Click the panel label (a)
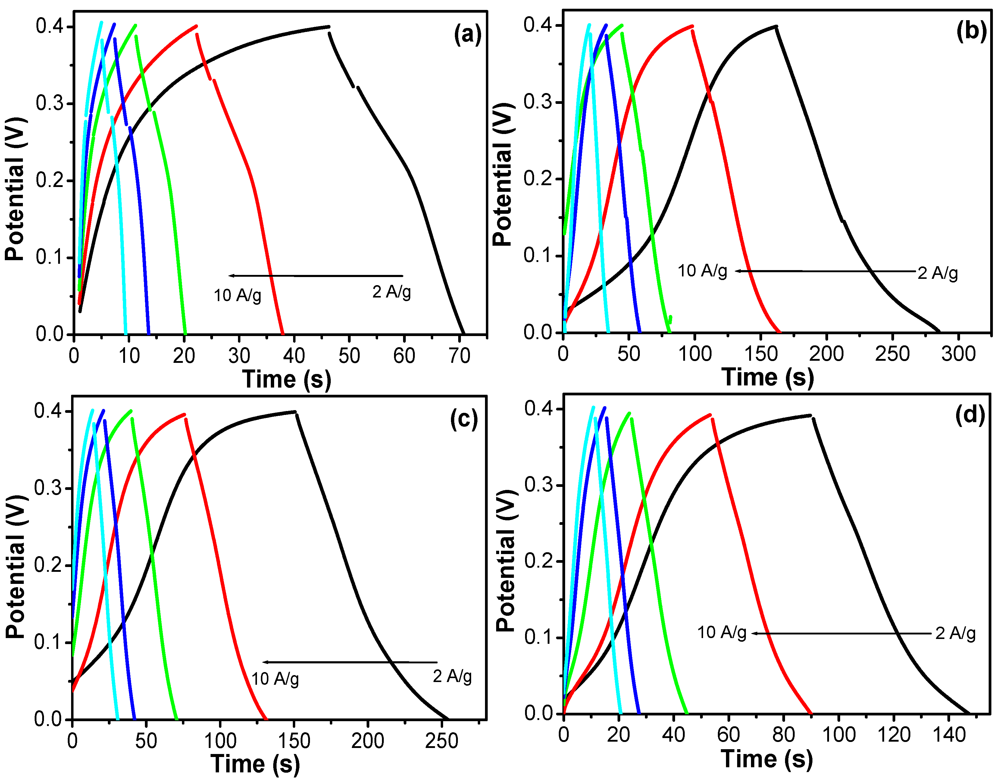[468, 34]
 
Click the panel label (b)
[971, 32]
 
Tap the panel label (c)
[464, 419]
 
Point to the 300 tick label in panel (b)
[958, 354]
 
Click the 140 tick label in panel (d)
[949, 735]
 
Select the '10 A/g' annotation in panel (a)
[237, 296]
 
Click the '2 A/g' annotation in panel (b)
[937, 273]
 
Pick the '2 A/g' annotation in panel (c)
[452, 676]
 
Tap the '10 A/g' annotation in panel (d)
[721, 633]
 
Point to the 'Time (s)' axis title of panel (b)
[768, 378]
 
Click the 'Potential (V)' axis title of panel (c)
[16, 566]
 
